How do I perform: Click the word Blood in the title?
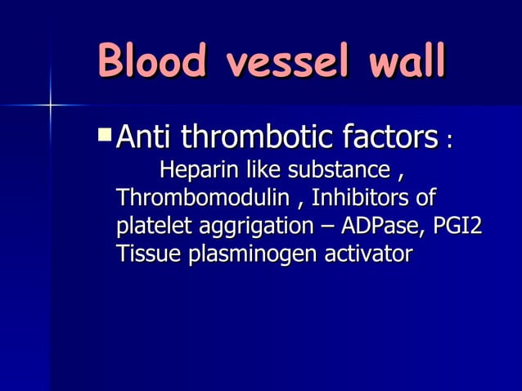click(151, 62)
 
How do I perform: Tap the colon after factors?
click(448, 141)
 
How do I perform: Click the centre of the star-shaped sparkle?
click(50, 105)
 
